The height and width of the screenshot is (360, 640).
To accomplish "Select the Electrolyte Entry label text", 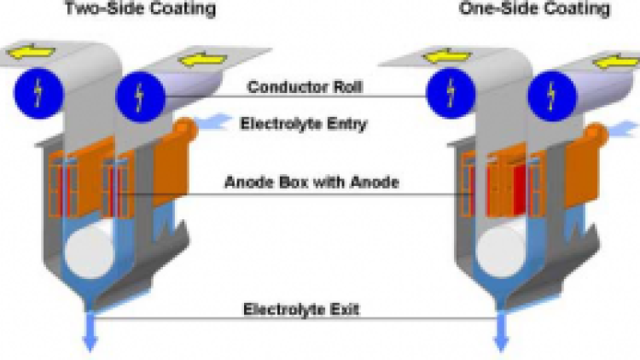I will pyautogui.click(x=304, y=124).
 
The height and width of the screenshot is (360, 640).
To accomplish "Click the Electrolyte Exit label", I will pyautogui.click(x=301, y=308).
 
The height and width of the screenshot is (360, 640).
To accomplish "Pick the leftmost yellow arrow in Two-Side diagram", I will pyautogui.click(x=29, y=54).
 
